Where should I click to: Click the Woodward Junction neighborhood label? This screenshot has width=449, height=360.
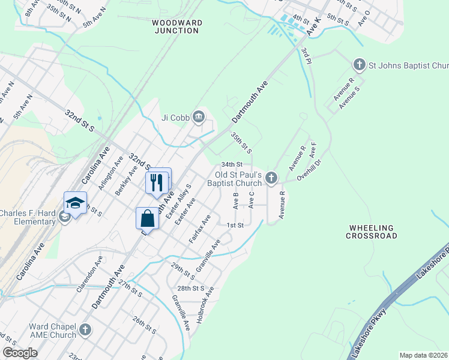tap(176, 26)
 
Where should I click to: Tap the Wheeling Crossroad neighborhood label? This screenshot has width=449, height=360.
tap(371, 232)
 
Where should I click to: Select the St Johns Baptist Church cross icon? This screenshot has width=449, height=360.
tap(359, 64)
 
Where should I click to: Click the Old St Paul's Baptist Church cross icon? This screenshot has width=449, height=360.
tap(271, 178)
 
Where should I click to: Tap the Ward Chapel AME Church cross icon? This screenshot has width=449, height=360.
tap(85, 330)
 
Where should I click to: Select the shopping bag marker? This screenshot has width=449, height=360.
tap(148, 219)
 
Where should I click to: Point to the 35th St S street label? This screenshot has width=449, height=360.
tap(241, 143)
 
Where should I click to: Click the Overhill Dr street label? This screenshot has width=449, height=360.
tap(309, 170)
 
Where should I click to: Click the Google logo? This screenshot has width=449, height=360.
tap(20, 353)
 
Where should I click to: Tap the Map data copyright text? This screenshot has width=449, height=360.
tap(423, 355)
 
